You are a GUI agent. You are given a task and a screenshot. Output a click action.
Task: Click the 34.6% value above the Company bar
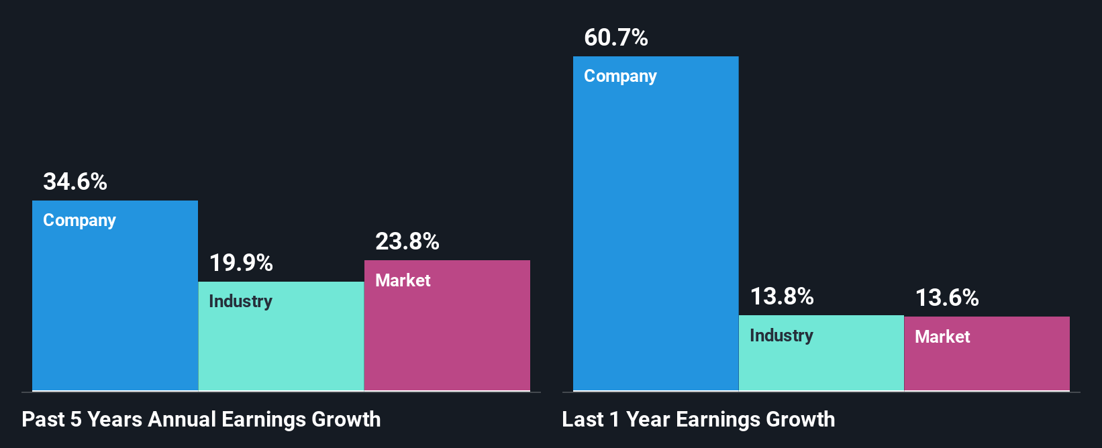pyautogui.click(x=75, y=182)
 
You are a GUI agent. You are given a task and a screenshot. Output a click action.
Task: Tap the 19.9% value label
pyautogui.click(x=241, y=263)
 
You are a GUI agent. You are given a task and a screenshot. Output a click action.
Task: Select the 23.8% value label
pyautogui.click(x=407, y=241)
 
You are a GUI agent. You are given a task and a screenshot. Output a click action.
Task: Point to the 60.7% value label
pyautogui.click(x=616, y=38)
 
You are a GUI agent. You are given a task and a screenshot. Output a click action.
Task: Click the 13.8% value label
pyautogui.click(x=782, y=296)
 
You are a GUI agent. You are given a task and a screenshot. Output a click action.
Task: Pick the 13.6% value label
pyautogui.click(x=947, y=298)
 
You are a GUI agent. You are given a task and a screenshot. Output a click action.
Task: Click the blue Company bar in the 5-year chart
pyautogui.click(x=115, y=309)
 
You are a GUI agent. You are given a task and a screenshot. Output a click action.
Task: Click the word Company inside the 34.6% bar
pyautogui.click(x=79, y=221)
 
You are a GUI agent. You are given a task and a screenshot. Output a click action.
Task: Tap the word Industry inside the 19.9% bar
pyautogui.click(x=240, y=302)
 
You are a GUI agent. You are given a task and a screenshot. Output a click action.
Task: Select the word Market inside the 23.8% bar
pyautogui.click(x=403, y=280)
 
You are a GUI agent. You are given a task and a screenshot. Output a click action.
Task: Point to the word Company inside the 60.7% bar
pyautogui.click(x=620, y=76)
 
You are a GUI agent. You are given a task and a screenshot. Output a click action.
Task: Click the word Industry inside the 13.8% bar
pyautogui.click(x=781, y=335)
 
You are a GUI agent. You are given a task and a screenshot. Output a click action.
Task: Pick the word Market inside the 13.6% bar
pyautogui.click(x=942, y=337)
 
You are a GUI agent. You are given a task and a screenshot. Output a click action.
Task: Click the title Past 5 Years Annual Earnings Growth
pyautogui.click(x=201, y=420)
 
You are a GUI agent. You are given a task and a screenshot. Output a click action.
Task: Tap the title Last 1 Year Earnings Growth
pyautogui.click(x=699, y=420)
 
